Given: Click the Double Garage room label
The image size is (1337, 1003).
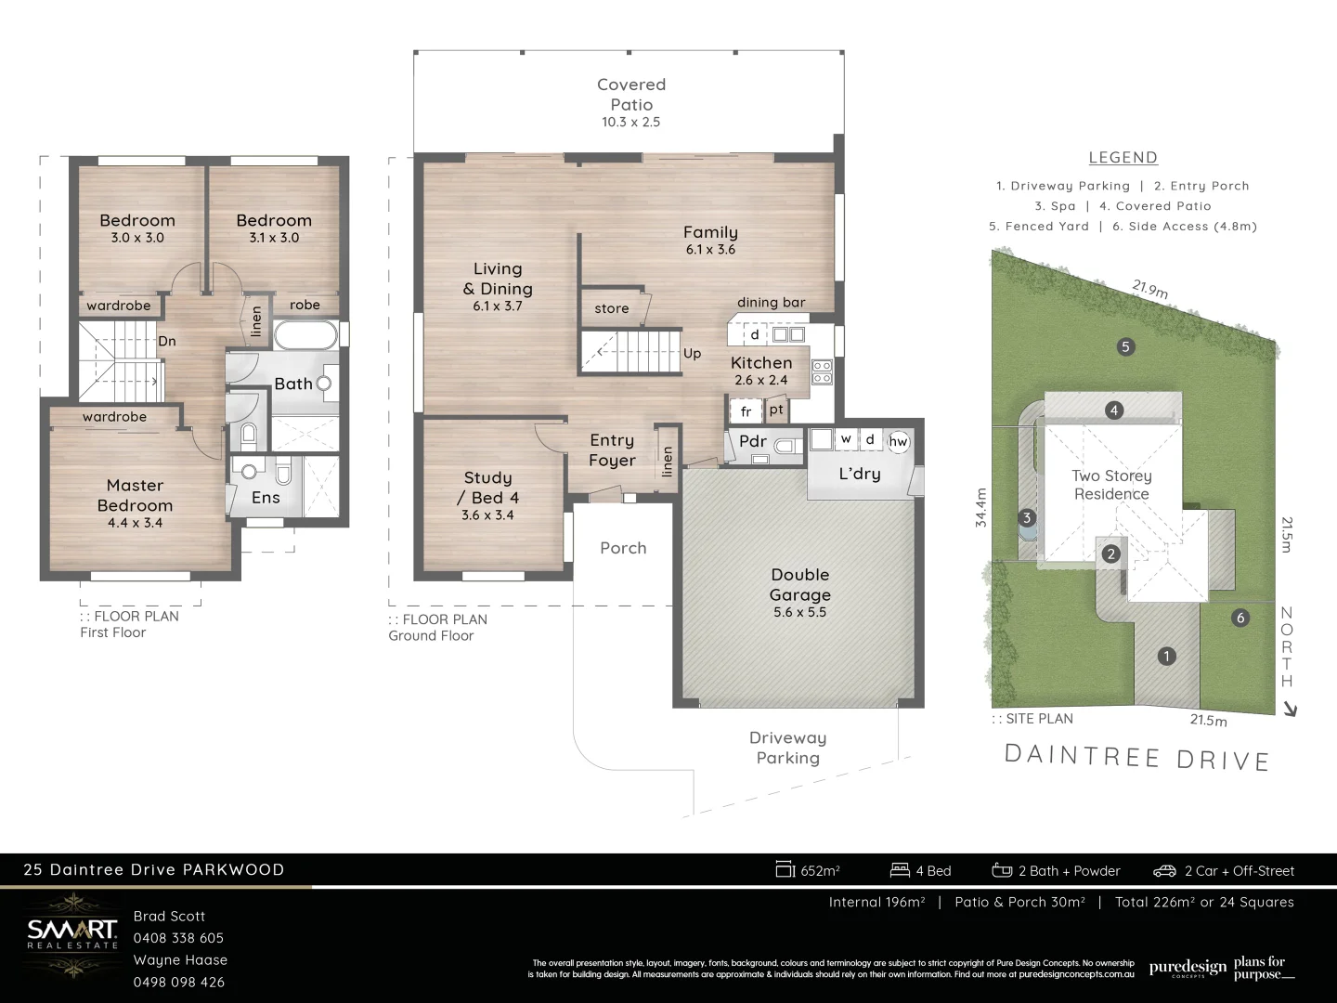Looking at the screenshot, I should pyautogui.click(x=799, y=585).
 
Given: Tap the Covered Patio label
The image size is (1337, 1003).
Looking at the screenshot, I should pyautogui.click(x=631, y=95).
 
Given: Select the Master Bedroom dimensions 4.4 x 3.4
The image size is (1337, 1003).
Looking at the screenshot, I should pyautogui.click(x=135, y=523).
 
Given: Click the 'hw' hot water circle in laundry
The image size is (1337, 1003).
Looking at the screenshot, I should pyautogui.click(x=898, y=442).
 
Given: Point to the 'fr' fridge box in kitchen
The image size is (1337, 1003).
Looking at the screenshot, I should pyautogui.click(x=746, y=411).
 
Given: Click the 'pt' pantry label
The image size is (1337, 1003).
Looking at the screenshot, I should pyautogui.click(x=776, y=410).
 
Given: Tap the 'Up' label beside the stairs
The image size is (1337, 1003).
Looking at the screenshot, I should pyautogui.click(x=692, y=354).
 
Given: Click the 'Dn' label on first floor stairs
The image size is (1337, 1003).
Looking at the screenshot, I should pyautogui.click(x=167, y=341).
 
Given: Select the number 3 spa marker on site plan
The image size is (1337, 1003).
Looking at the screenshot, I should pyautogui.click(x=1027, y=518).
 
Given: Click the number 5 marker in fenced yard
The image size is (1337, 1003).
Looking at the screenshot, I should pyautogui.click(x=1125, y=347).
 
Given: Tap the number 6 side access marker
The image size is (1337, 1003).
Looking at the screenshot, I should pyautogui.click(x=1240, y=619).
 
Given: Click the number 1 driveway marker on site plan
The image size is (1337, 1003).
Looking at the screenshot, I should pyautogui.click(x=1167, y=657).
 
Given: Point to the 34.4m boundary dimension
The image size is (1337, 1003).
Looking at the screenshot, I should pyautogui.click(x=981, y=508).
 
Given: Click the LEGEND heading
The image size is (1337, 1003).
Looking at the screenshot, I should pyautogui.click(x=1123, y=158).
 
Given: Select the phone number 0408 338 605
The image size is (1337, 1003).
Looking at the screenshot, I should pyautogui.click(x=178, y=938).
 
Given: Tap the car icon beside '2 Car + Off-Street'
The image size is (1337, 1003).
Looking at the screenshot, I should pyautogui.click(x=1164, y=871).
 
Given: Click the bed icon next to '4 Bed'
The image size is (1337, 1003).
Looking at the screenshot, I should pyautogui.click(x=899, y=870).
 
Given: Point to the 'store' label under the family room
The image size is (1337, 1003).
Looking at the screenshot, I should pyautogui.click(x=611, y=308).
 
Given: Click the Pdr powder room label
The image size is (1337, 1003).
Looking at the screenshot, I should pyautogui.click(x=752, y=441).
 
